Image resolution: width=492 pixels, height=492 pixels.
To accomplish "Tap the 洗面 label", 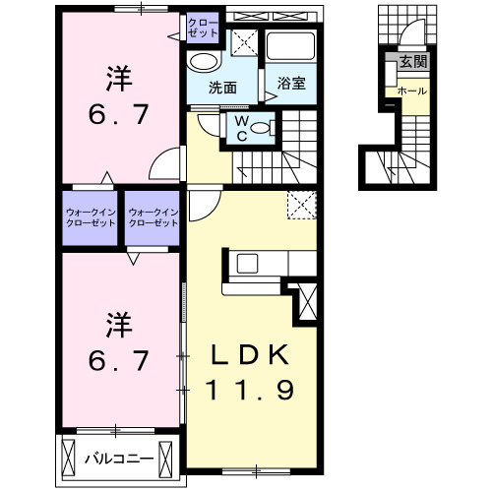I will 222,87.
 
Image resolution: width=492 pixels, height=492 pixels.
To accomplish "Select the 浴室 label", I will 290,85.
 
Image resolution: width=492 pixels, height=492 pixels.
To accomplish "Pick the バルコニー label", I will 118,459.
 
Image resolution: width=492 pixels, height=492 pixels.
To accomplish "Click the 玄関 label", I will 411,62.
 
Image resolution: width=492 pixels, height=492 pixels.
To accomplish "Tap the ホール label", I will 410,91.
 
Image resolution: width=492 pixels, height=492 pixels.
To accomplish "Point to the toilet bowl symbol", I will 266,127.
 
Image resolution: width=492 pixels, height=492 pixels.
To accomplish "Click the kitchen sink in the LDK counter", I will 245,263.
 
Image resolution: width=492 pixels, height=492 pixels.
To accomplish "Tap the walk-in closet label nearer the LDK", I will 153,216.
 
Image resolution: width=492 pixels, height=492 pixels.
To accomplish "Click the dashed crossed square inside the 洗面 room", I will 247,42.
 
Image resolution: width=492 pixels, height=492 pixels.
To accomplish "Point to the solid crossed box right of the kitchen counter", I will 308,299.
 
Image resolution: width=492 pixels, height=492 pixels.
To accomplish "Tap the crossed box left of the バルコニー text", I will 69,458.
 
